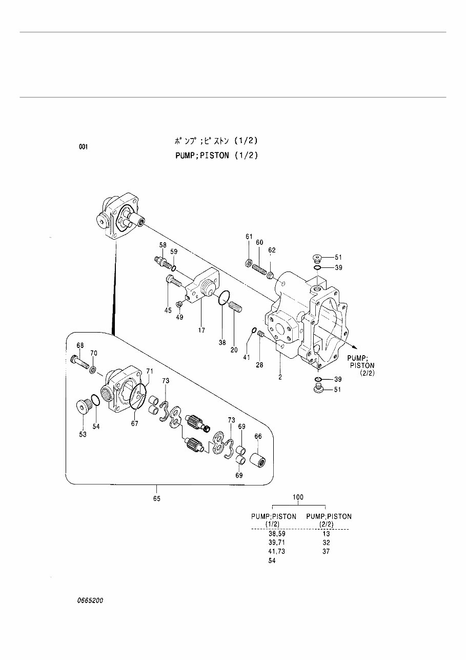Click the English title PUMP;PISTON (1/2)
coord(216,155)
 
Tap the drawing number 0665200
coord(90,600)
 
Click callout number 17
coord(202,330)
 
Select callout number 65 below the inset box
coord(156,498)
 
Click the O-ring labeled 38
coord(223,298)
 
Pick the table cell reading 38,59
coord(276,534)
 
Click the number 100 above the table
coord(298,497)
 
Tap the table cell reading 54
coord(272,561)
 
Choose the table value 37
coord(326,552)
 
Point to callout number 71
coord(150,371)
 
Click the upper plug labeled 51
coord(317,257)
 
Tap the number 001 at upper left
coord(84,147)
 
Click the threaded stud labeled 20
coord(235,307)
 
